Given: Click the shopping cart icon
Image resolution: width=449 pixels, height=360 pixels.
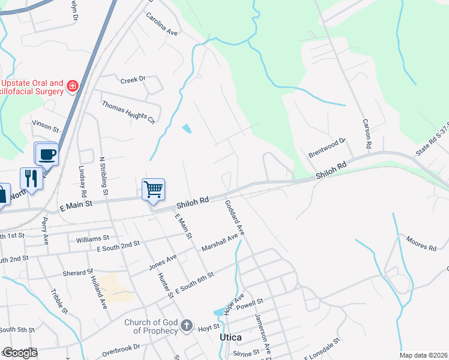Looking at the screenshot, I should (153, 190).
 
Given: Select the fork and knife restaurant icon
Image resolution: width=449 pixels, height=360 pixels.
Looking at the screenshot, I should (30, 178).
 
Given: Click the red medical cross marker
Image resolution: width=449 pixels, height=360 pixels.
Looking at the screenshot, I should (73, 86).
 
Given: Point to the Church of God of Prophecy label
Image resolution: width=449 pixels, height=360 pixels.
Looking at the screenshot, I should (151, 326).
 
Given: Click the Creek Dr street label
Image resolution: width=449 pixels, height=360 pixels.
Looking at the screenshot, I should (133, 79).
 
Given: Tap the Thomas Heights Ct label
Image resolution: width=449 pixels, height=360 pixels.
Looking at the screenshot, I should (128, 112).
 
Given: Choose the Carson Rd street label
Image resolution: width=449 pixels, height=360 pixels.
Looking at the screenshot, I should (366, 133).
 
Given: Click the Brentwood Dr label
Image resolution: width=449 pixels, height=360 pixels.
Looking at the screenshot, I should (328, 148).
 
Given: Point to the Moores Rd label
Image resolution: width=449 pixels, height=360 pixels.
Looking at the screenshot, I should (420, 243).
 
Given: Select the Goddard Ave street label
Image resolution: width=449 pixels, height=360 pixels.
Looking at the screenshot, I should (235, 217).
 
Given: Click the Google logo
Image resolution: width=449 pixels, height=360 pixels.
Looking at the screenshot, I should (20, 353).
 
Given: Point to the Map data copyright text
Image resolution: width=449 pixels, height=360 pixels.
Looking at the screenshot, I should (424, 355).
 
